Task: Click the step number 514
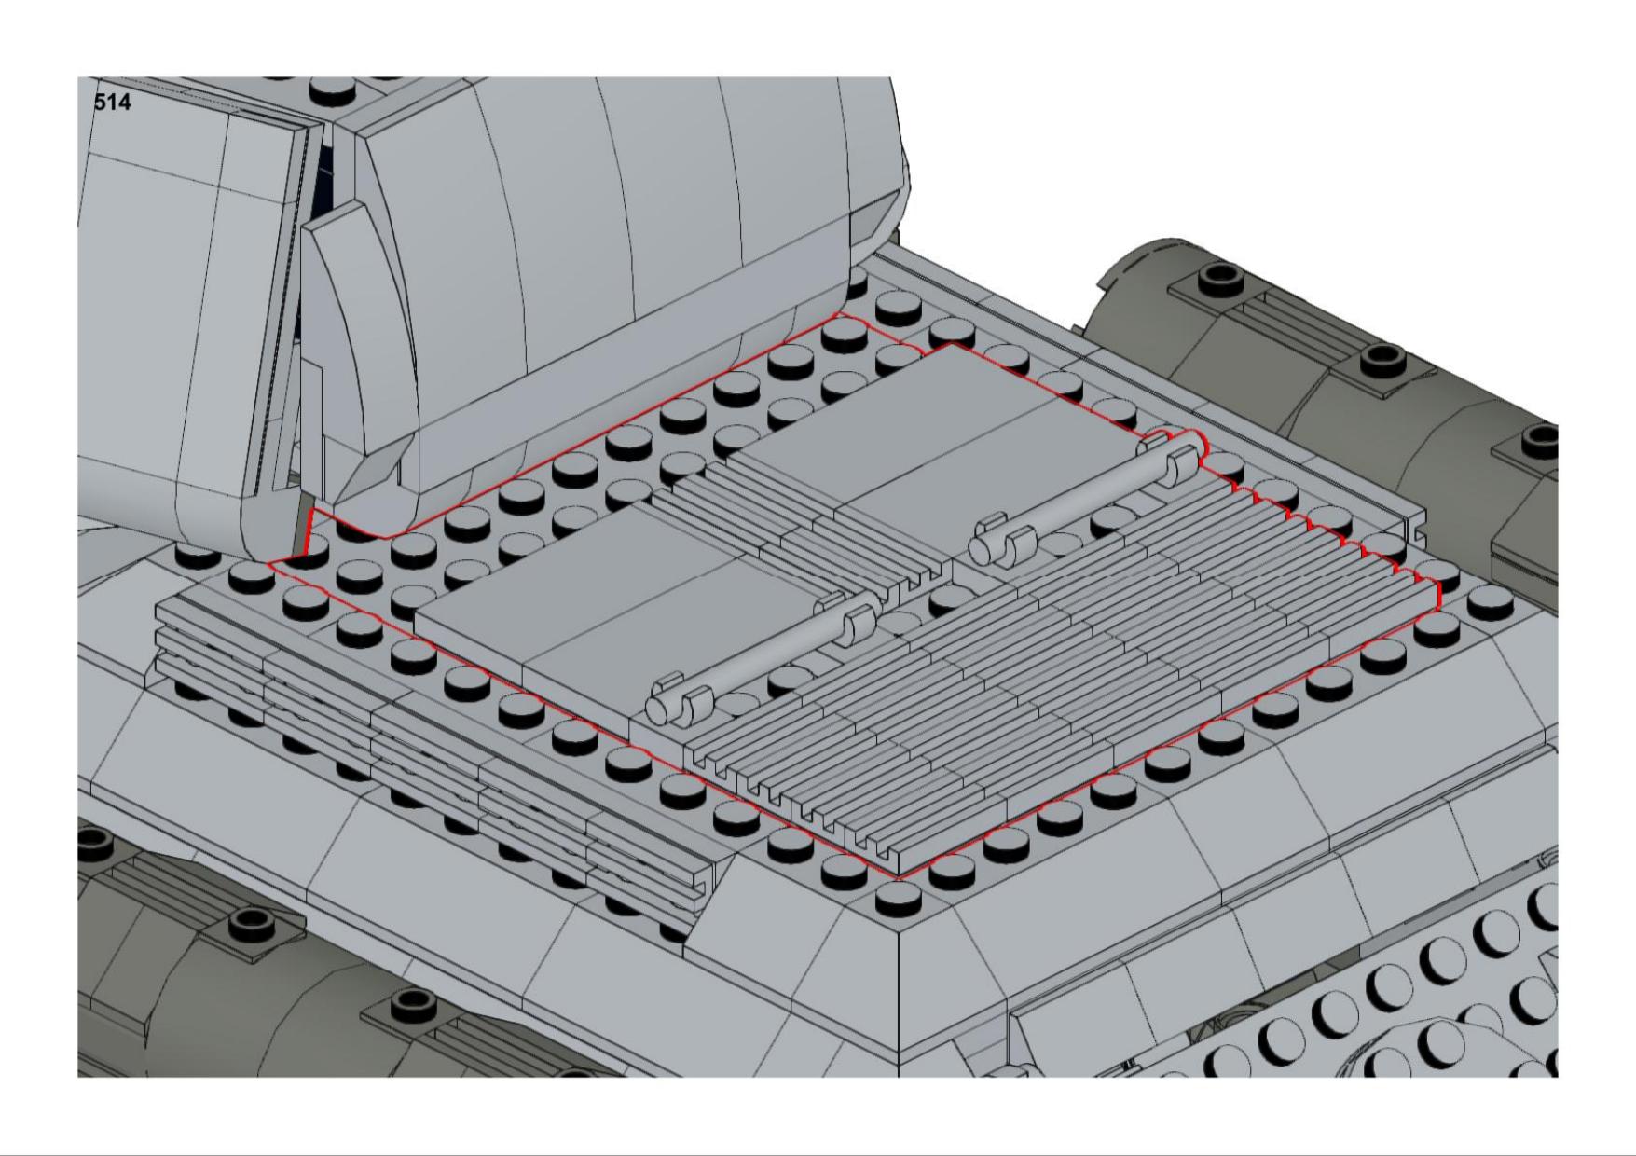click(x=113, y=103)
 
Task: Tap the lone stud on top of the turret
click(x=334, y=89)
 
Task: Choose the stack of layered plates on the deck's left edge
click(x=429, y=746)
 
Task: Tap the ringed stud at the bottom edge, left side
click(x=407, y=1003)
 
